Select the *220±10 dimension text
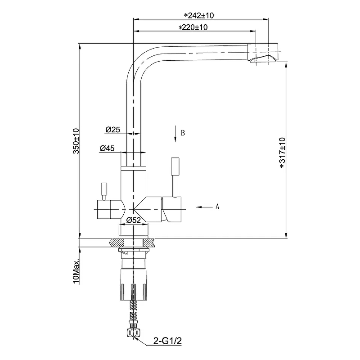coord(193,27)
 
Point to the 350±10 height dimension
coord(76,141)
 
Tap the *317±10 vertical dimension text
coord(282,153)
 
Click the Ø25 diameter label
coord(112,130)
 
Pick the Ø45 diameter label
coord(107,148)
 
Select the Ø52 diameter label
coord(134,220)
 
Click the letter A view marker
coord(217,207)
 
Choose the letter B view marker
coord(183,133)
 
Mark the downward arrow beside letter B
coord(174,134)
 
